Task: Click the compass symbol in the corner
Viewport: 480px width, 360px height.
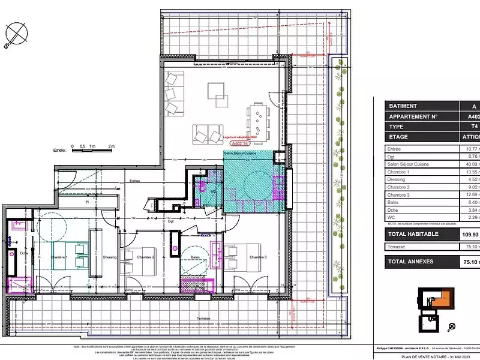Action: [x=17, y=33]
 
